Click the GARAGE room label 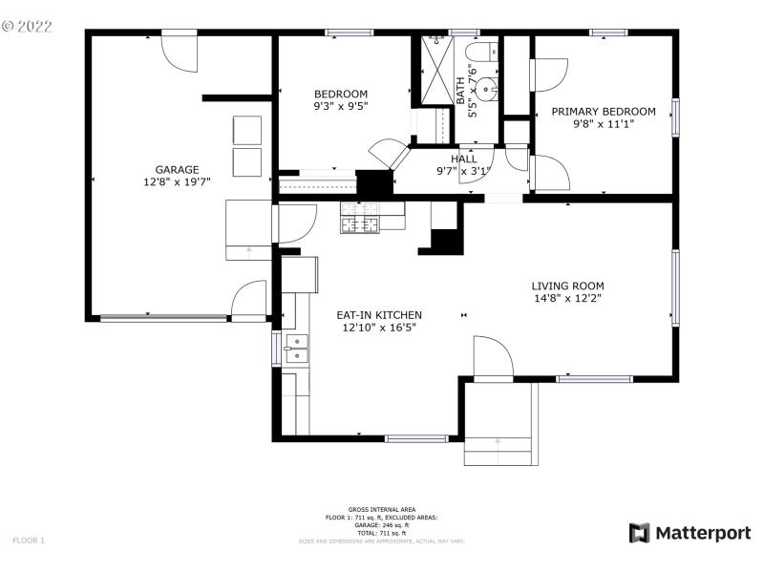pyautogui.click(x=177, y=169)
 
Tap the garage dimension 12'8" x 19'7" pyautogui.click(x=177, y=181)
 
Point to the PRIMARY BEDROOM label pyautogui.click(x=604, y=112)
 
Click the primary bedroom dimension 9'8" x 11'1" pyautogui.click(x=604, y=124)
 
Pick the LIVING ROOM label pyautogui.click(x=567, y=286)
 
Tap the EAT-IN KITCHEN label pyautogui.click(x=379, y=315)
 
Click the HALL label pyautogui.click(x=463, y=159)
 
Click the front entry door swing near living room pyautogui.click(x=493, y=358)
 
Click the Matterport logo pyautogui.click(x=690, y=533)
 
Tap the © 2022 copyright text pyautogui.click(x=30, y=27)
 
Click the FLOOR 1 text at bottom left pyautogui.click(x=29, y=541)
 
